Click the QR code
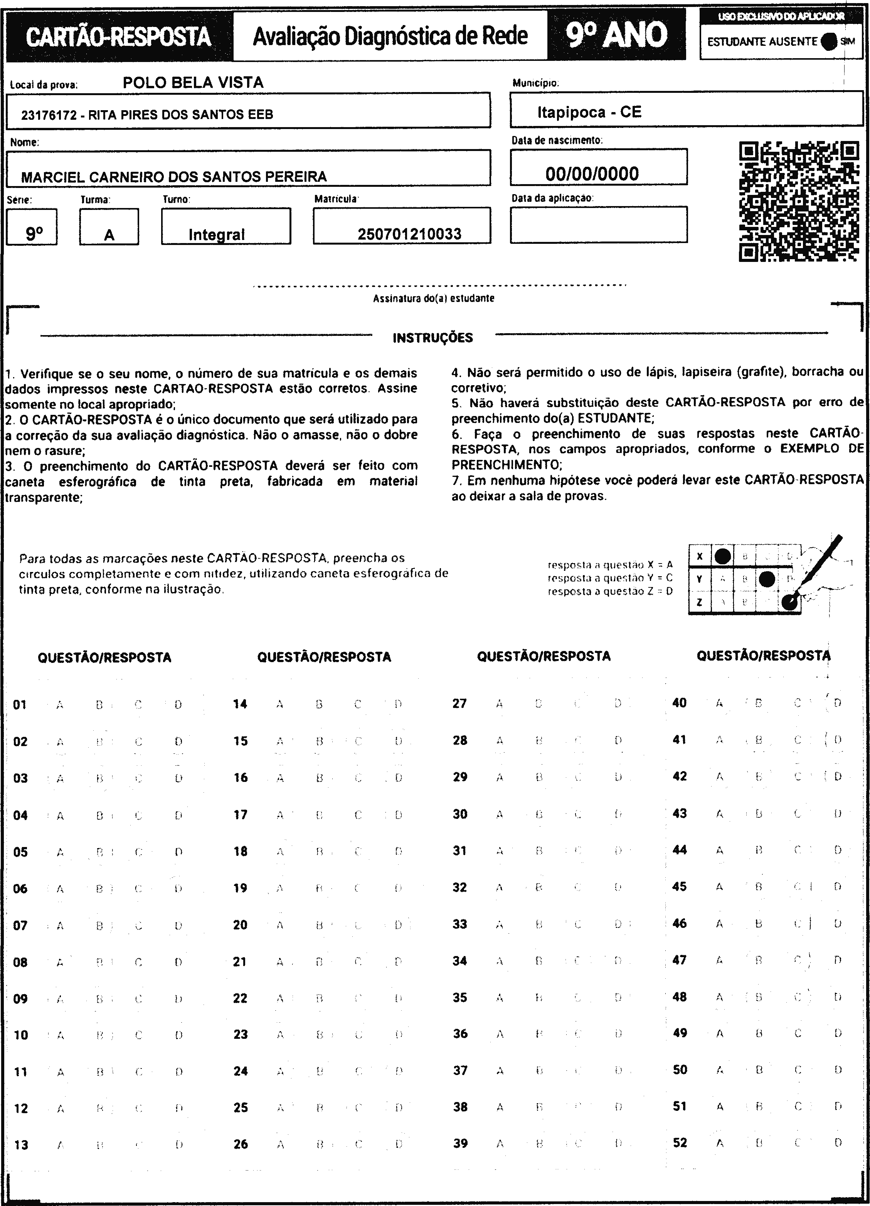click(799, 201)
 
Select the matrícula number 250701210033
click(409, 234)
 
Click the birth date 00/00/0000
click(592, 174)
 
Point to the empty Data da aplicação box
click(598, 225)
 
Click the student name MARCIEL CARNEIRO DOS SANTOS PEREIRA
click(173, 176)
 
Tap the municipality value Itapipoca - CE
click(589, 112)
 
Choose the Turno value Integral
click(217, 235)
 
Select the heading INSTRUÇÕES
click(432, 338)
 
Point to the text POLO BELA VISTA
click(193, 82)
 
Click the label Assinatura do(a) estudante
click(433, 298)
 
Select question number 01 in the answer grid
click(20, 705)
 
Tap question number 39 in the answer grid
click(460, 1143)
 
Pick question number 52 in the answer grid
click(680, 1143)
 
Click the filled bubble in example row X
click(722, 556)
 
